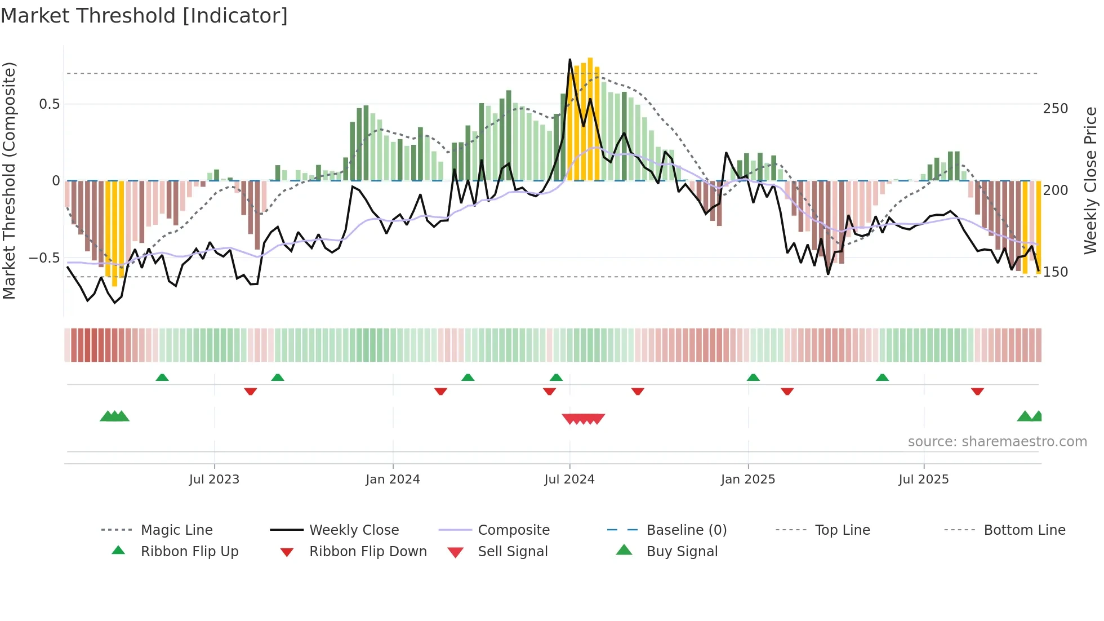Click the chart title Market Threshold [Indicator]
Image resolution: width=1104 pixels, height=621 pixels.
[x=144, y=16]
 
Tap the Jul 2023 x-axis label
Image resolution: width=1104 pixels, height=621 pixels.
[x=214, y=480]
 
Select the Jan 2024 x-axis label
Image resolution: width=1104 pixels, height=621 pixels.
[x=393, y=480]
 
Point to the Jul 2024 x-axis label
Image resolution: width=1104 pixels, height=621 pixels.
[x=569, y=480]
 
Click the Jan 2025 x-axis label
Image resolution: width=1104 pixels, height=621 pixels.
[x=748, y=480]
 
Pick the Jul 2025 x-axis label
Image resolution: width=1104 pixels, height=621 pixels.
[x=924, y=480]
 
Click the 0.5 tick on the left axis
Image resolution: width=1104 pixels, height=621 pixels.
[x=50, y=104]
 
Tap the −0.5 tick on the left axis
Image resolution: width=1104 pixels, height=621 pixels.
[x=44, y=258]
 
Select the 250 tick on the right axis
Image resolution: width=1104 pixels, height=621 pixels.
[x=1055, y=109]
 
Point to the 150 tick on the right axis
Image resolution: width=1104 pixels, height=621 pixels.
[x=1055, y=272]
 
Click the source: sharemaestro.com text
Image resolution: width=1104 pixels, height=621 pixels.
[x=997, y=442]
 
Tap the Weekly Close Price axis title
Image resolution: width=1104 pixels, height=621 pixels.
[x=1090, y=180]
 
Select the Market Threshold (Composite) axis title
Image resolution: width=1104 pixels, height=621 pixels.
[x=9, y=180]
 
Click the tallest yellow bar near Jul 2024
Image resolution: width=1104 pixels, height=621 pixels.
[x=590, y=118]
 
